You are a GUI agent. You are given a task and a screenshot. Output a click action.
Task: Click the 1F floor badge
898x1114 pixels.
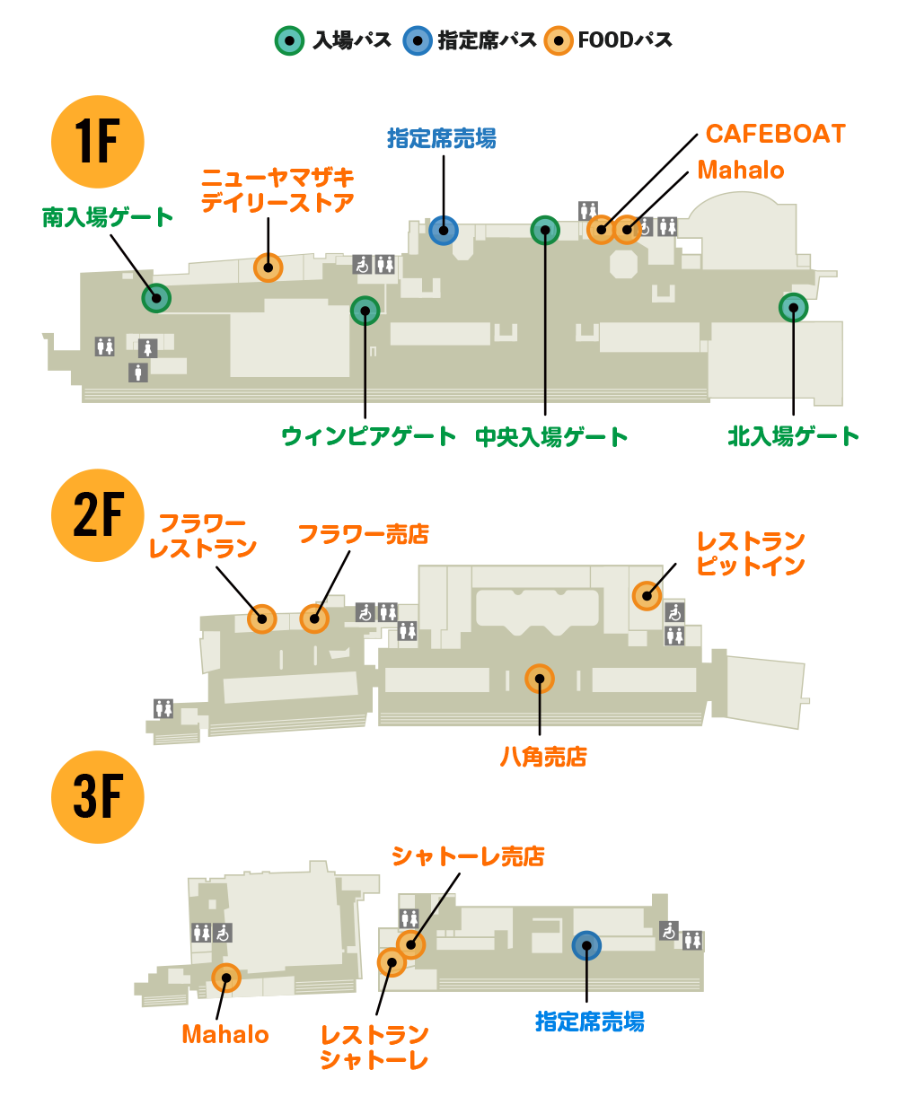[97, 141]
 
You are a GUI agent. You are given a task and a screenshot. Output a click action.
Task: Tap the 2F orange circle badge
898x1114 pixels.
[97, 515]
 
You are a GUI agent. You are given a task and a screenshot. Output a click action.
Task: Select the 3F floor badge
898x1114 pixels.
[97, 797]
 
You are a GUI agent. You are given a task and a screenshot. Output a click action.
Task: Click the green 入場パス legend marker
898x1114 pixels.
[289, 40]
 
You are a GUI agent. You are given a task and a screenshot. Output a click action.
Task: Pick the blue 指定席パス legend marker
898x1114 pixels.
[418, 40]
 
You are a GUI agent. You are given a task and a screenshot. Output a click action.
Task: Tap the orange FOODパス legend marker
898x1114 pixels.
[559, 40]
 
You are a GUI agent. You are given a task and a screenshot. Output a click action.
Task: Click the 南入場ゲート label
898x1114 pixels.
[107, 217]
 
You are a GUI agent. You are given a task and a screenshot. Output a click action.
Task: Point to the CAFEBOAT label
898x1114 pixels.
[775, 134]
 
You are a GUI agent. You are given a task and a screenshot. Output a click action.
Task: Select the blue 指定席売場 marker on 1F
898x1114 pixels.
[444, 231]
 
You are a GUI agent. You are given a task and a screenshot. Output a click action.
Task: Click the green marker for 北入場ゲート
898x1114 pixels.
[793, 308]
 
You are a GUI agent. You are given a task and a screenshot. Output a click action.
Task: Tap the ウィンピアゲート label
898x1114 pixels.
[368, 436]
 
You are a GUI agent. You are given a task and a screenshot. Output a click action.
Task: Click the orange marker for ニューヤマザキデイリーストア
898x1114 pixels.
[268, 268]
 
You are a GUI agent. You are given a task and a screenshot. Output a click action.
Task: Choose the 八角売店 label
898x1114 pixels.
[543, 757]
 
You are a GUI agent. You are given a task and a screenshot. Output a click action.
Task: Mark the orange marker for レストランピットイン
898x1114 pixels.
[647, 596]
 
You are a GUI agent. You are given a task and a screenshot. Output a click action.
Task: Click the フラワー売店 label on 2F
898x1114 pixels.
[363, 534]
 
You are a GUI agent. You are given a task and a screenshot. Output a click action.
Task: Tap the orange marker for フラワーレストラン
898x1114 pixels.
[261, 618]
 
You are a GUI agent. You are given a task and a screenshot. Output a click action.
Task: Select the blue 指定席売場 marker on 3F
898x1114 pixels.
[586, 945]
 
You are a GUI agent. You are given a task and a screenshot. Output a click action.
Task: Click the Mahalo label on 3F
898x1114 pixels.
[225, 1034]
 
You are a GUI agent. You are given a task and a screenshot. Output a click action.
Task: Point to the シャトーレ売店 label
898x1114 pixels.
[468, 856]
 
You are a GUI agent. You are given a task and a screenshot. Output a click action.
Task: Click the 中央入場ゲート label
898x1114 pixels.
[551, 436]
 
